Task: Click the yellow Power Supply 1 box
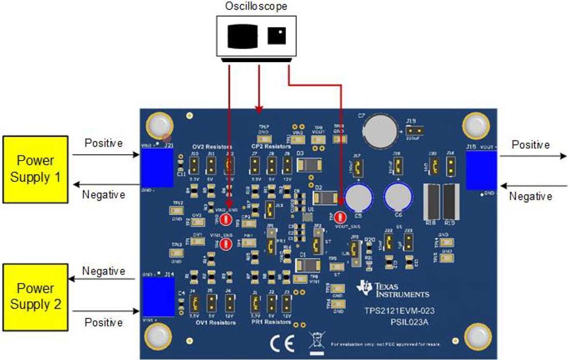[x=36, y=169]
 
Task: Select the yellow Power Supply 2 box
[x=36, y=297]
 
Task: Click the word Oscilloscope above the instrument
[x=256, y=7]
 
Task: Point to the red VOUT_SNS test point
[x=340, y=218]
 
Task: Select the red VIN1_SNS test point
[x=226, y=244]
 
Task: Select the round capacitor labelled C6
[x=398, y=198]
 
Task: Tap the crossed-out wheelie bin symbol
[x=315, y=342]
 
